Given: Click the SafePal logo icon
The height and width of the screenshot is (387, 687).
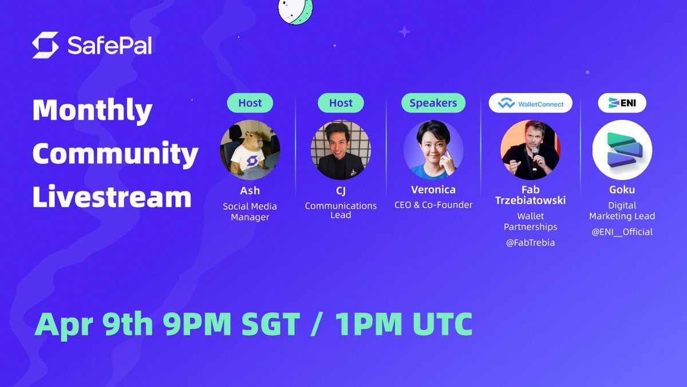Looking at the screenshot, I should click(45, 45).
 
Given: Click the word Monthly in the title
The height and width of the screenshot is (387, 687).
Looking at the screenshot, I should click(92, 110).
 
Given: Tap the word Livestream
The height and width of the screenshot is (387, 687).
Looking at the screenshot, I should click(112, 197).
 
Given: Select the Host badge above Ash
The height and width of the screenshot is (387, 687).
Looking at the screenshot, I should click(250, 103).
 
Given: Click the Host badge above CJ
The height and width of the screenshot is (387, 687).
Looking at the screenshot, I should click(341, 103).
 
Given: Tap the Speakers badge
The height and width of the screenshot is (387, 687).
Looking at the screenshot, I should click(433, 103).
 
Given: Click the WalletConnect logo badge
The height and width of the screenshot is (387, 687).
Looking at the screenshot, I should click(530, 103).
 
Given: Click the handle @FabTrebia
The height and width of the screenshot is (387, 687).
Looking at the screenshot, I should click(530, 243).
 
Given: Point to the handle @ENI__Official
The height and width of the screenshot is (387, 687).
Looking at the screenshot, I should click(622, 232).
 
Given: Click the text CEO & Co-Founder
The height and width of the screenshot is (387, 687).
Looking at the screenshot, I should click(433, 205).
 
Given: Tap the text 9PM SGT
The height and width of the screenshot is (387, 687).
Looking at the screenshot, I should click(231, 324).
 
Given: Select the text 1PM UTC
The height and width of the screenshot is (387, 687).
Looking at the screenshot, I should click(404, 324).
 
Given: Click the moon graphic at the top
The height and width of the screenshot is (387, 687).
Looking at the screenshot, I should click(295, 10).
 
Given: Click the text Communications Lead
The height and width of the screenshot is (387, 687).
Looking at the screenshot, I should click(341, 210).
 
